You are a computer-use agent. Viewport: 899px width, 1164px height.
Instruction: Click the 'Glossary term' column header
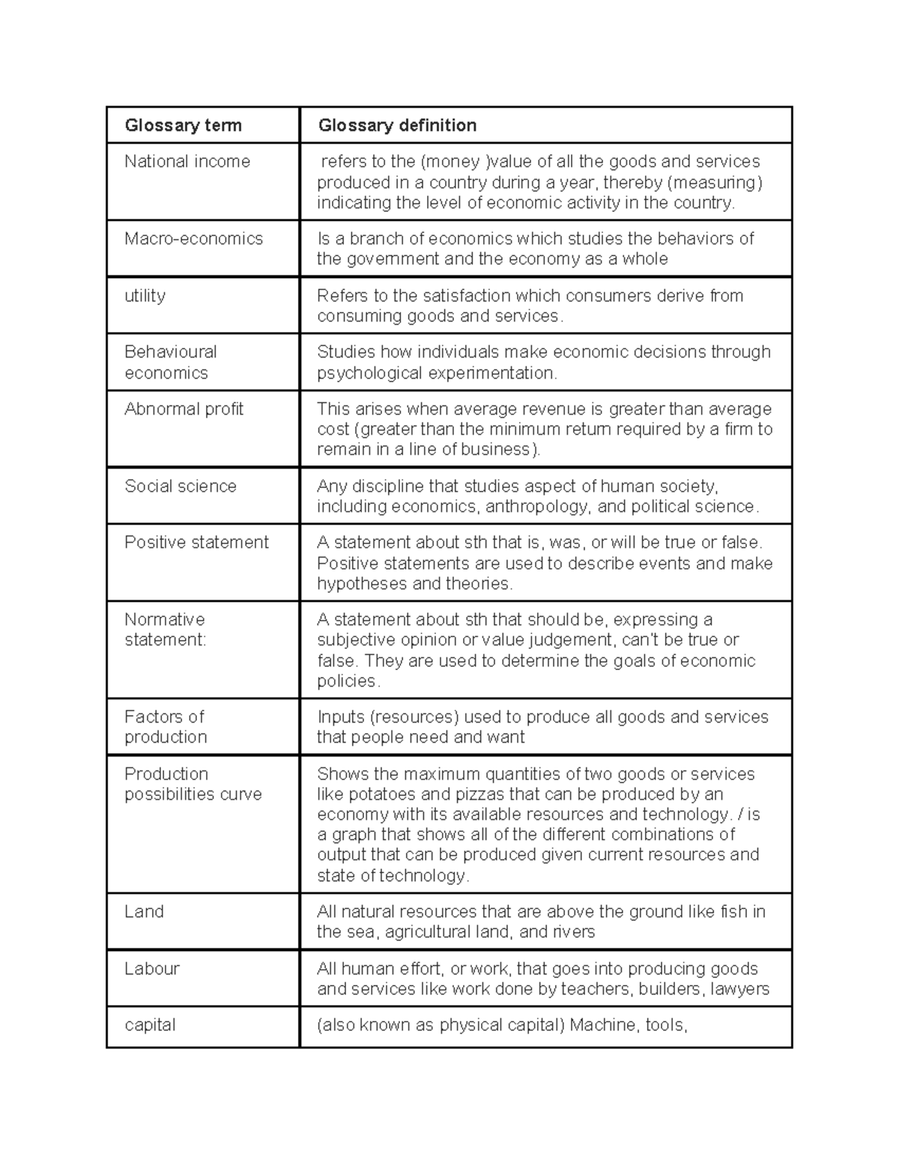pyautogui.click(x=183, y=125)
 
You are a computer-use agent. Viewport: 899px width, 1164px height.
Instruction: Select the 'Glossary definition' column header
pyautogui.click(x=397, y=125)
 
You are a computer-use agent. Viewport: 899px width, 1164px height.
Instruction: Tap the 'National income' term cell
pyautogui.click(x=187, y=161)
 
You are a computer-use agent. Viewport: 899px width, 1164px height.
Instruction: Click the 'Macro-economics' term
pyautogui.click(x=193, y=238)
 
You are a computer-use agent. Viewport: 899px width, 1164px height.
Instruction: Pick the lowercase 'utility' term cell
pyautogui.click(x=145, y=295)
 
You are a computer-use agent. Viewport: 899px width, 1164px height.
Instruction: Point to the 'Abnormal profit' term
pyautogui.click(x=184, y=408)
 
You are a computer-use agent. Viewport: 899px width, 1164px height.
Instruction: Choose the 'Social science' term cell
pyautogui.click(x=180, y=486)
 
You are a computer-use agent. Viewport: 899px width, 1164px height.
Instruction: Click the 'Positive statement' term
pyautogui.click(x=196, y=542)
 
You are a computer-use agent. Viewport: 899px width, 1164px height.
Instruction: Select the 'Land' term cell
pyautogui.click(x=144, y=911)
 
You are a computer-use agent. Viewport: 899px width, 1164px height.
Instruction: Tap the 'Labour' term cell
pyautogui.click(x=152, y=968)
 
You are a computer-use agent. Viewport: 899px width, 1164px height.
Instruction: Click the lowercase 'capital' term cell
pyautogui.click(x=150, y=1025)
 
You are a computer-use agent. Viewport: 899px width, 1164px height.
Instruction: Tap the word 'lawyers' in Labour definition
pyautogui.click(x=739, y=989)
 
